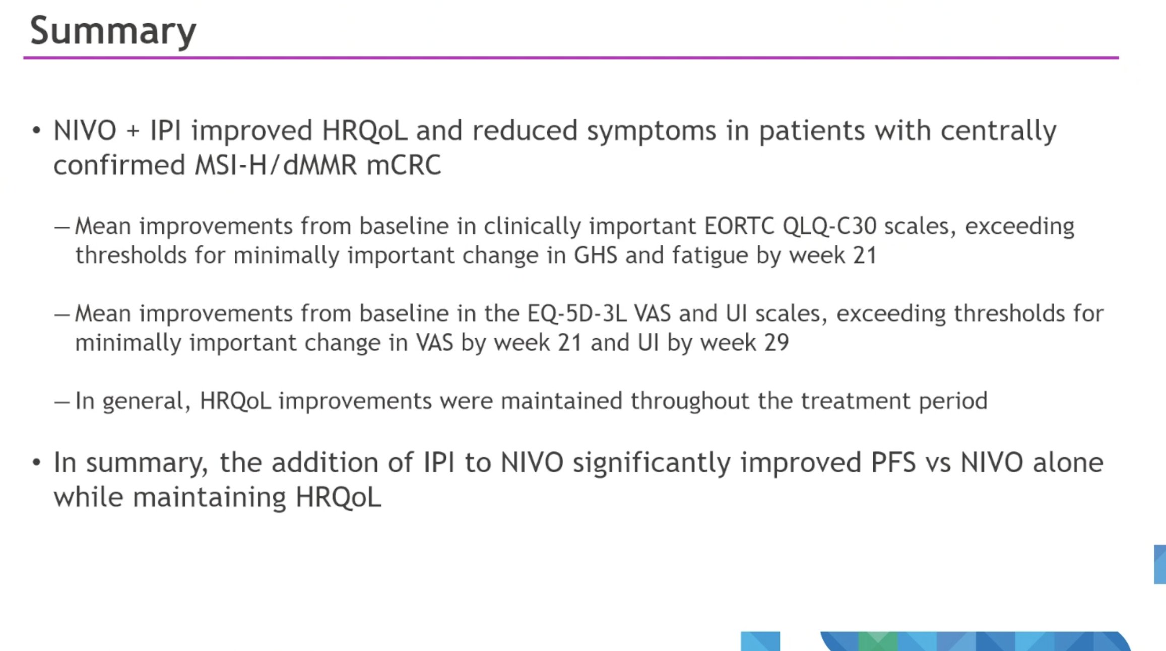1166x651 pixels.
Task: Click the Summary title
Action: coord(113,31)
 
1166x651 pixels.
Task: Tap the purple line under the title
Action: coord(571,58)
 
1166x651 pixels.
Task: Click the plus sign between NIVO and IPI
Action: coord(133,132)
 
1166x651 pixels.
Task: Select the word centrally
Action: coord(998,132)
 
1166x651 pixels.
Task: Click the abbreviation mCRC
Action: coord(404,166)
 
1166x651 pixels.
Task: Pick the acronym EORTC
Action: coord(739,226)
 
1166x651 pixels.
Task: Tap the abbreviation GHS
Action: coord(596,255)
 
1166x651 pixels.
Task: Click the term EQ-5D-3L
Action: coord(576,313)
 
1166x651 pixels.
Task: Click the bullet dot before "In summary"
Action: coord(36,462)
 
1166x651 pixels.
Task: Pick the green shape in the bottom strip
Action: coord(878,641)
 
